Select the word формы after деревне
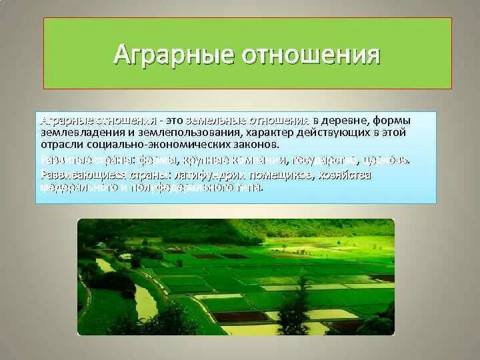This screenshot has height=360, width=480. coord(392,121)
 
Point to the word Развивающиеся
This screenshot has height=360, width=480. coord(73,175)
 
